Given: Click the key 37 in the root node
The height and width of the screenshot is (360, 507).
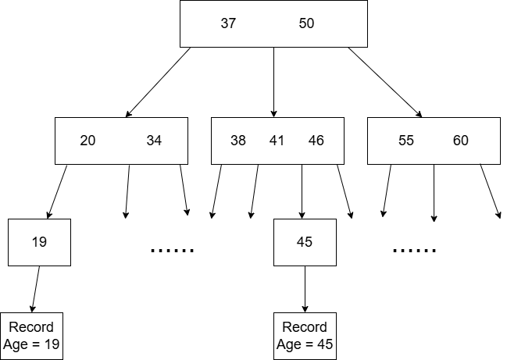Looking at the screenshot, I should tap(228, 23).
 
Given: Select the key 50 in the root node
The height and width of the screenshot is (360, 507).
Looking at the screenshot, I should tap(306, 23).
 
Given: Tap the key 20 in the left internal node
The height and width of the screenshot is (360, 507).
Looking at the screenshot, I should tap(88, 141).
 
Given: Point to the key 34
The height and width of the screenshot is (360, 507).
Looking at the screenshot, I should tap(154, 141).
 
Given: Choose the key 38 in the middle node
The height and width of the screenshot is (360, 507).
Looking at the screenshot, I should tap(238, 141).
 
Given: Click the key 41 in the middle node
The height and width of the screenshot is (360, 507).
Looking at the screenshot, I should tap(277, 141).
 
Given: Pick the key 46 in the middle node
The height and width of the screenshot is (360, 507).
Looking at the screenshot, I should tap(316, 141).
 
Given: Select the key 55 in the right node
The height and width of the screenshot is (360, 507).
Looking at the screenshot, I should tap(406, 141).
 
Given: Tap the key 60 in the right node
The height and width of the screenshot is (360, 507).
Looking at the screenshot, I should tap(461, 141).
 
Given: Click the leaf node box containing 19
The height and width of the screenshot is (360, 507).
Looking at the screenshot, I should tap(39, 242).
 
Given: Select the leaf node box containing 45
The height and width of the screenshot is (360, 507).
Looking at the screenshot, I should tap(305, 242).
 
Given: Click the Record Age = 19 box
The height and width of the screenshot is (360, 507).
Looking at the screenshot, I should tap(32, 336).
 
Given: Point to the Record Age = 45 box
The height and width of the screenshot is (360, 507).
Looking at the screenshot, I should tap(305, 336).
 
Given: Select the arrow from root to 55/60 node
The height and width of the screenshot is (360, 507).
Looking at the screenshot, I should tap(384, 82).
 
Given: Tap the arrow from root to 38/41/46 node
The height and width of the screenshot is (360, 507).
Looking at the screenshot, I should tap(273, 82).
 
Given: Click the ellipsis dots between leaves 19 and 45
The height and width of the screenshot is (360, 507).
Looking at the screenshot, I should tap(172, 251).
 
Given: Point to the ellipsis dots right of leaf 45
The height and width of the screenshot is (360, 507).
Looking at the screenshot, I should tap(414, 251).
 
